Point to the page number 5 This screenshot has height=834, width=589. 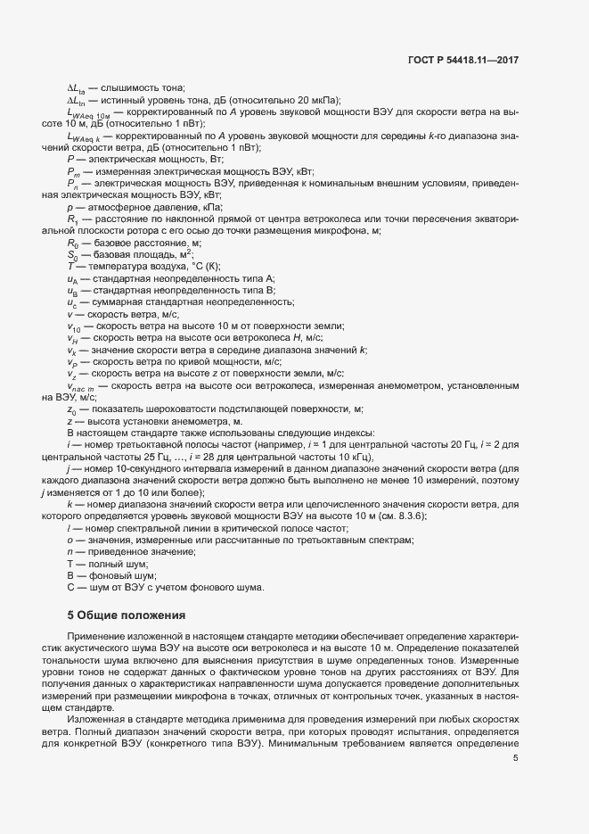pyautogui.click(x=516, y=758)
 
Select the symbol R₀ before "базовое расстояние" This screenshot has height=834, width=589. pyautogui.click(x=72, y=243)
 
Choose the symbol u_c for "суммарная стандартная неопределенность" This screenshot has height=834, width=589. pyautogui.click(x=72, y=302)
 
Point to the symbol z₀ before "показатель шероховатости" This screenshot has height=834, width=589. pyautogui.click(x=71, y=409)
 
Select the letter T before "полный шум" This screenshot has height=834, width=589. pyautogui.click(x=70, y=564)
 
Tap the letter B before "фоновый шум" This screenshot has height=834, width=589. pyautogui.click(x=70, y=575)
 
